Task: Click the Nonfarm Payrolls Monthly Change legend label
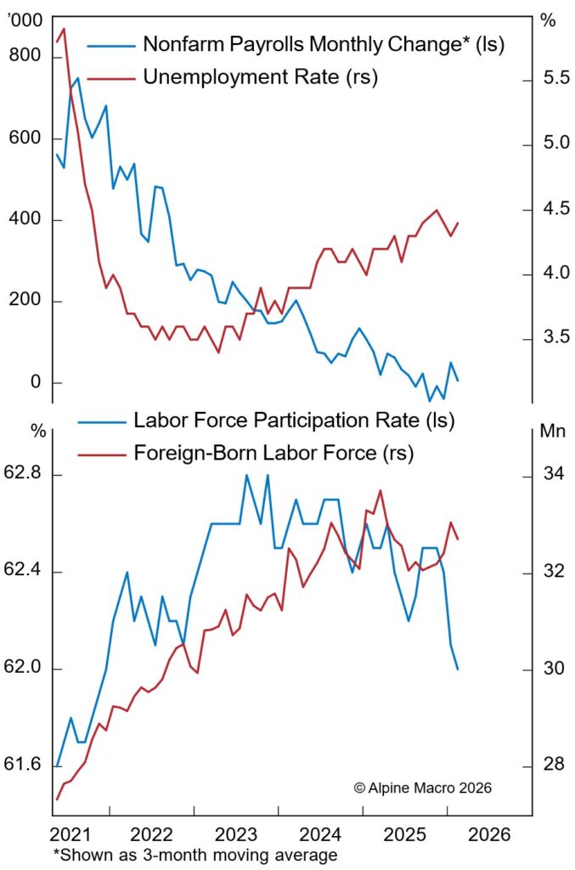(324, 44)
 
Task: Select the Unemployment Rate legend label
(260, 77)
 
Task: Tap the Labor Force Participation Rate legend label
(294, 420)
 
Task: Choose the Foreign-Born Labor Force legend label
(273, 453)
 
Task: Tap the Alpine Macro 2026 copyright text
(422, 788)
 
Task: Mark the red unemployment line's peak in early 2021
(64, 29)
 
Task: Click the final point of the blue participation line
(458, 669)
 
